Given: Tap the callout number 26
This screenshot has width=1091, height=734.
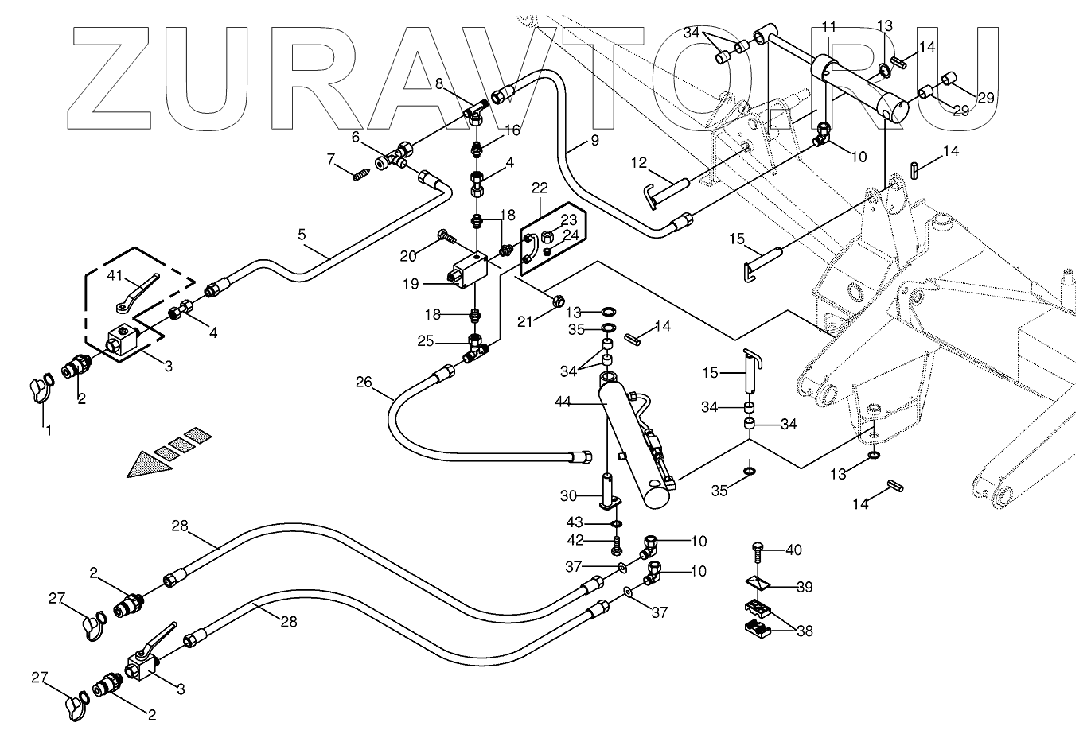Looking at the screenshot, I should tap(364, 383).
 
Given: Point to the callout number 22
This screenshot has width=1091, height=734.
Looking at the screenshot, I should tap(540, 188).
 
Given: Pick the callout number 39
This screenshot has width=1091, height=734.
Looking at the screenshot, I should tap(805, 587).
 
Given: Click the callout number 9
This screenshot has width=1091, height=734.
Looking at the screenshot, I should tap(594, 141).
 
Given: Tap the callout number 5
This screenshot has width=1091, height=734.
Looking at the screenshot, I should tap(302, 235).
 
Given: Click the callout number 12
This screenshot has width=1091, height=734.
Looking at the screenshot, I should tap(639, 163).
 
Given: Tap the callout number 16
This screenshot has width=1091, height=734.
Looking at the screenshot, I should tap(512, 130).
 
